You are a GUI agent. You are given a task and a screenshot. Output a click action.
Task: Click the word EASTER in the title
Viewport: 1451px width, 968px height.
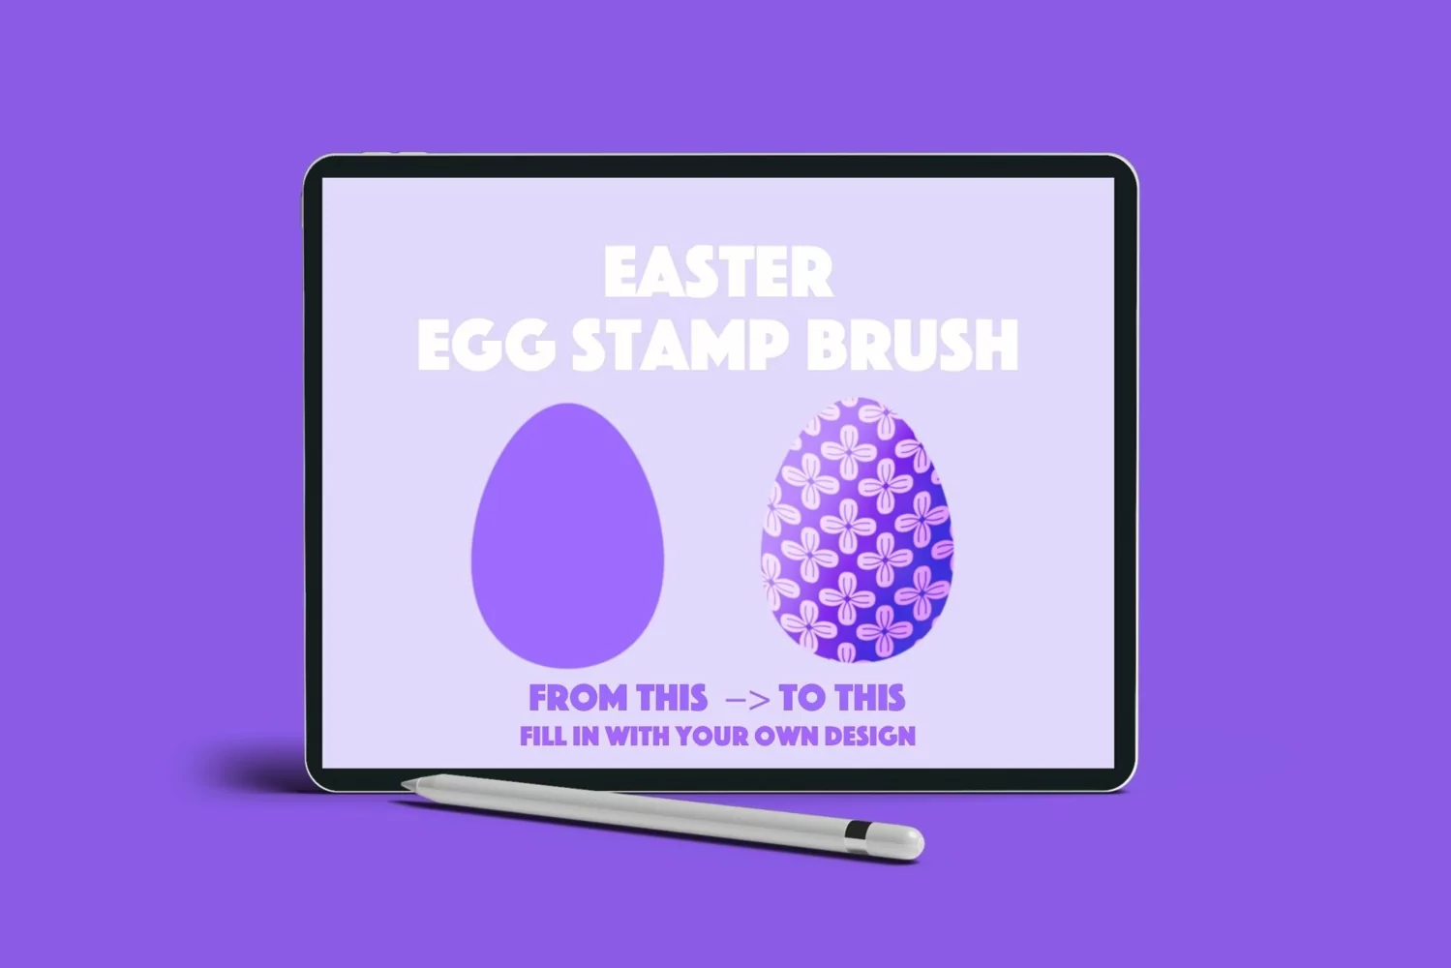click(717, 272)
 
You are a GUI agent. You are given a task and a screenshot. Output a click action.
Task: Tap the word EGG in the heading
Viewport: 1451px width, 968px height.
click(487, 345)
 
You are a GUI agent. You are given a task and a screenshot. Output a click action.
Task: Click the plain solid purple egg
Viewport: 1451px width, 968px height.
click(567, 536)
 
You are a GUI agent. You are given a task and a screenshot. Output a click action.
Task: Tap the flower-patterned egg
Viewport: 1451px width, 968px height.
click(857, 530)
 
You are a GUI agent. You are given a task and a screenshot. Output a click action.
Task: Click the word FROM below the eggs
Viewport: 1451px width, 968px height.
click(578, 698)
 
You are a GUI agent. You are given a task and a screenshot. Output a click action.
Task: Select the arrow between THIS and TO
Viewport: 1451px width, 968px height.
click(748, 700)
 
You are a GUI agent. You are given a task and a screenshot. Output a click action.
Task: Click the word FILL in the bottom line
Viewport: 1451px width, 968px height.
click(543, 736)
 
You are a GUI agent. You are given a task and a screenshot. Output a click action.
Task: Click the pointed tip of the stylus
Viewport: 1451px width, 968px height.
click(403, 784)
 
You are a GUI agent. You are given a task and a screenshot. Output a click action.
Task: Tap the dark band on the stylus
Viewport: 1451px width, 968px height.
click(858, 830)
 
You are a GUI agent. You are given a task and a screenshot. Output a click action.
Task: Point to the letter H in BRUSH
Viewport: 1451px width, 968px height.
click(997, 346)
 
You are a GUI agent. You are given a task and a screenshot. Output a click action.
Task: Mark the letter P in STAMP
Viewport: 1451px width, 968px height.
click(770, 346)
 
